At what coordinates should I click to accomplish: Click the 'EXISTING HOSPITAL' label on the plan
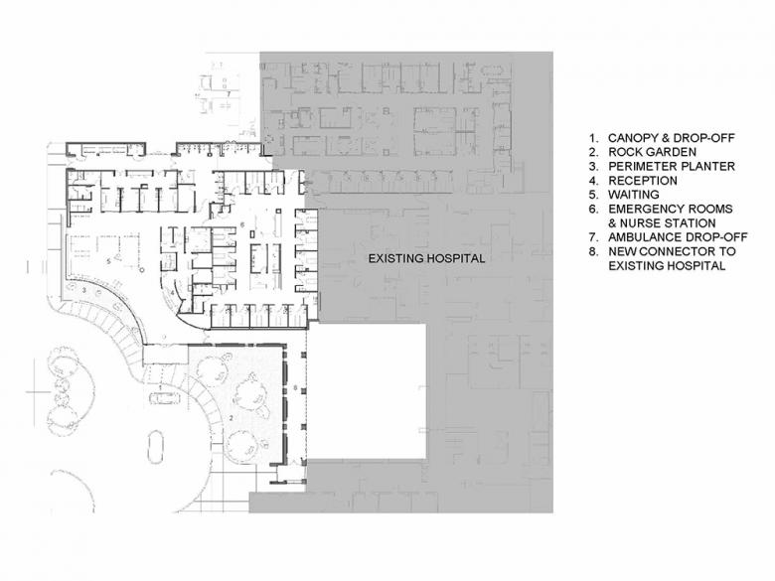point(426,258)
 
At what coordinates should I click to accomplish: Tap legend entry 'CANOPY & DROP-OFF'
point(672,138)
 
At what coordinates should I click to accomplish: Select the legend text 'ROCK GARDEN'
point(652,152)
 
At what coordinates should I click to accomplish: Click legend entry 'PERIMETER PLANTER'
point(672,167)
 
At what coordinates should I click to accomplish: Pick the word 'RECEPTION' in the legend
point(643,181)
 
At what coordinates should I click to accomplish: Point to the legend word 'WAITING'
point(634,195)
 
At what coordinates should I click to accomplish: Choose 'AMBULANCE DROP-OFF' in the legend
point(678,237)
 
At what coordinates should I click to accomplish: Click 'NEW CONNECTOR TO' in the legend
point(672,251)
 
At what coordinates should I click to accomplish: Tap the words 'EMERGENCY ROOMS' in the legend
point(671,209)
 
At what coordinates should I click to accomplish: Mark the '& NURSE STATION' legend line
point(662,223)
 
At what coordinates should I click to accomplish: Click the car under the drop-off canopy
point(164,397)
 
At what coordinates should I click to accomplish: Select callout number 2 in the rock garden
point(231,418)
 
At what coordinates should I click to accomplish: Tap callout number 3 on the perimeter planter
point(84,290)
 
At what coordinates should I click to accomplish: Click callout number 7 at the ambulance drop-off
point(229,93)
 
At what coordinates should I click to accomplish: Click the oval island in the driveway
point(156,447)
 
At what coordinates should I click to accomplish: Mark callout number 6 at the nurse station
point(242,224)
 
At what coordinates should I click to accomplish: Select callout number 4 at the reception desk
point(173,293)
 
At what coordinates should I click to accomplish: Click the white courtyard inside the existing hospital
point(367,390)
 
